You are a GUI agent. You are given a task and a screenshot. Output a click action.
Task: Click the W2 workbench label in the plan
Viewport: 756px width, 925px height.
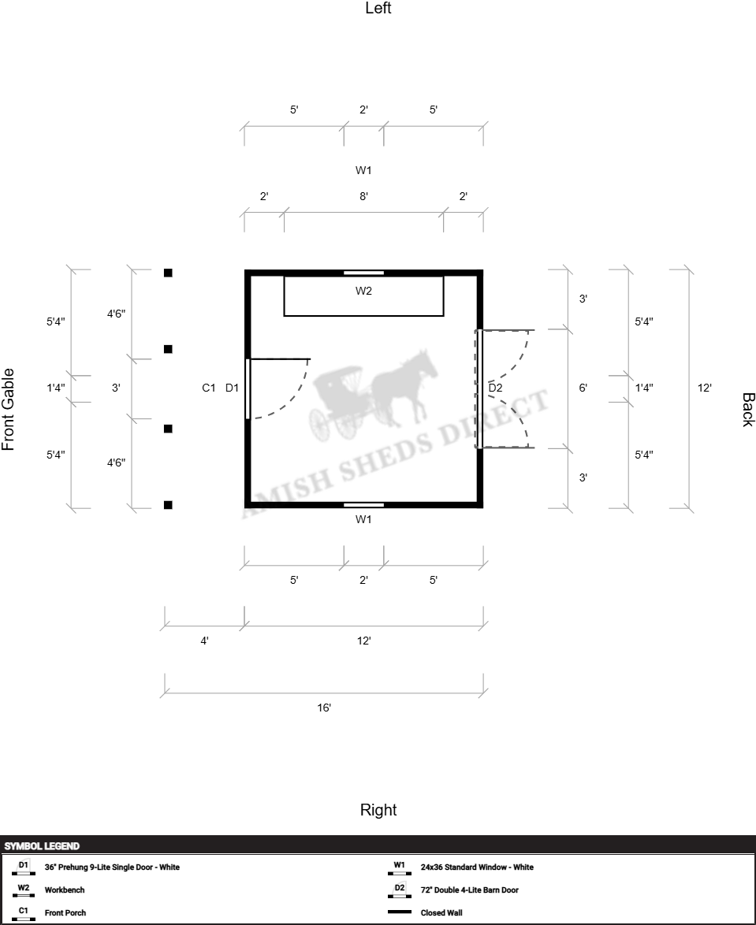tap(363, 292)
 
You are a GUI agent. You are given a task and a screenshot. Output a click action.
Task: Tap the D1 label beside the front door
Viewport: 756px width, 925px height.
tap(232, 388)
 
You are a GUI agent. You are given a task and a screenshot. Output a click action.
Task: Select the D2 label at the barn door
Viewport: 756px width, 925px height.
tap(495, 388)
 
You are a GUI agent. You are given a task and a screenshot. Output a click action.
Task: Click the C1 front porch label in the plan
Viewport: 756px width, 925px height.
tap(209, 388)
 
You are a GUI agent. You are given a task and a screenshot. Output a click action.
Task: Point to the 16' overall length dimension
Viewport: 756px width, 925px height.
tap(324, 708)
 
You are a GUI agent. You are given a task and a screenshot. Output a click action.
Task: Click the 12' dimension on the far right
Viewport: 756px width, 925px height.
tap(705, 388)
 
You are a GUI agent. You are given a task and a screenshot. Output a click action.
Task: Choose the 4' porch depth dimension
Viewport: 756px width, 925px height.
tap(204, 641)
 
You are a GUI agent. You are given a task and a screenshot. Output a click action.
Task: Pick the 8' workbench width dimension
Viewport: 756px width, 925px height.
tap(363, 196)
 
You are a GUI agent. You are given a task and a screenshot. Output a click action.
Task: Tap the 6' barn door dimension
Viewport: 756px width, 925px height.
tap(583, 388)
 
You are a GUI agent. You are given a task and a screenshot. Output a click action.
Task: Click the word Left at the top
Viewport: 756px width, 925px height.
tap(378, 9)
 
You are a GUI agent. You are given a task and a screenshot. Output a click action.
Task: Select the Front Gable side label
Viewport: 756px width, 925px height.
tap(9, 409)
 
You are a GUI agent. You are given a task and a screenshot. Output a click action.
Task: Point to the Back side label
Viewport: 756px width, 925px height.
tap(747, 410)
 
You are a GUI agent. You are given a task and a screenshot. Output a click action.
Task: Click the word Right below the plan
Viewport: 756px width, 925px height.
tap(378, 810)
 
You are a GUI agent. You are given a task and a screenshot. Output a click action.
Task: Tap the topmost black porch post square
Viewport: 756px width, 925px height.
tap(168, 273)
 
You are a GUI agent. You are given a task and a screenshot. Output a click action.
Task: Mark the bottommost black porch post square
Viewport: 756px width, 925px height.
tap(168, 505)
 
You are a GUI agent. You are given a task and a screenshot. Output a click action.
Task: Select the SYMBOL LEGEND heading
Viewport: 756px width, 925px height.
tap(42, 846)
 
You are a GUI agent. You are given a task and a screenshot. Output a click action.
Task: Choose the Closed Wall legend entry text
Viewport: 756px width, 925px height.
tap(441, 913)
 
